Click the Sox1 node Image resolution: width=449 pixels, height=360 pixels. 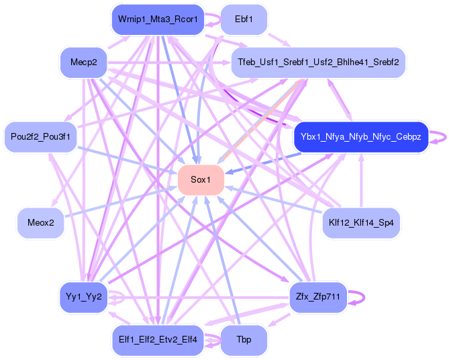tap(200, 180)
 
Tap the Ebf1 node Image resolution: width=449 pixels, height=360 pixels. tap(244, 19)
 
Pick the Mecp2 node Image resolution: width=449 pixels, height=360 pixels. tap(83, 62)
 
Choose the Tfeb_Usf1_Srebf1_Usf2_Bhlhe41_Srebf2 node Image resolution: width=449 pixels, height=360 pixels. tap(318, 62)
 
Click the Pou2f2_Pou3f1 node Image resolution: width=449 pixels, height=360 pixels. tap(40, 137)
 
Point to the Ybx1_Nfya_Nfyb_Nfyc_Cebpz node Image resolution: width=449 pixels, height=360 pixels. tap(360, 137)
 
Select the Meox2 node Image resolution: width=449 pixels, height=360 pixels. tap(40, 222)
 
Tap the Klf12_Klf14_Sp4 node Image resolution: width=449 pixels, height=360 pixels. tap(360, 222)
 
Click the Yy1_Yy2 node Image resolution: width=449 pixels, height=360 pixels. tap(83, 296)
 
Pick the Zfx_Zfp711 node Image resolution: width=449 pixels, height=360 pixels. tap(318, 296)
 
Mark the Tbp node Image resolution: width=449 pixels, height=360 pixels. tap(244, 340)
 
